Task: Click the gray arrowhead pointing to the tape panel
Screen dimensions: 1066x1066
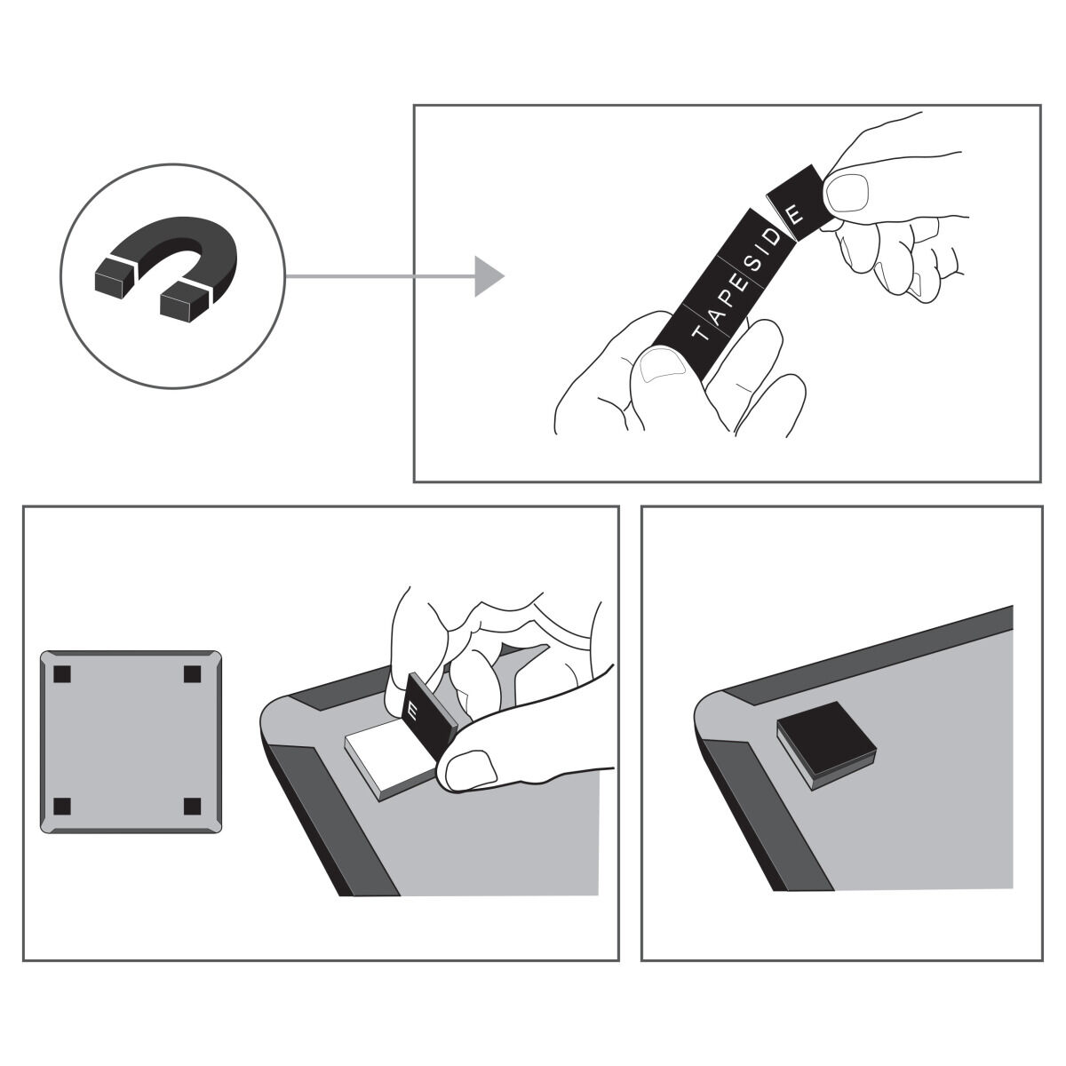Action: coord(489,276)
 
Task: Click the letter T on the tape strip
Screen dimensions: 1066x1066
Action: coord(700,333)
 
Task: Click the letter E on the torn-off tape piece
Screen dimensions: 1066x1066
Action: coord(795,215)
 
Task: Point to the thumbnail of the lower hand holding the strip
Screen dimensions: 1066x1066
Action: coord(661,366)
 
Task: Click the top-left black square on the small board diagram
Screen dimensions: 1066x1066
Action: coord(62,674)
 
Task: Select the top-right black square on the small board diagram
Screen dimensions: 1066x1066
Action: coord(192,674)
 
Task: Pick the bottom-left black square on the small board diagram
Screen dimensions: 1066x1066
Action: coord(62,807)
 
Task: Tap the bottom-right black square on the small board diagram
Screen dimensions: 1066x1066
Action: coord(192,807)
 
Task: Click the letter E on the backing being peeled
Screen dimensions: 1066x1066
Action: coord(412,713)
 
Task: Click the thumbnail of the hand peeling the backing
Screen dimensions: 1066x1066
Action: coord(471,769)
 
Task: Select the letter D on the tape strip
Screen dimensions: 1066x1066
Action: coord(775,237)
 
